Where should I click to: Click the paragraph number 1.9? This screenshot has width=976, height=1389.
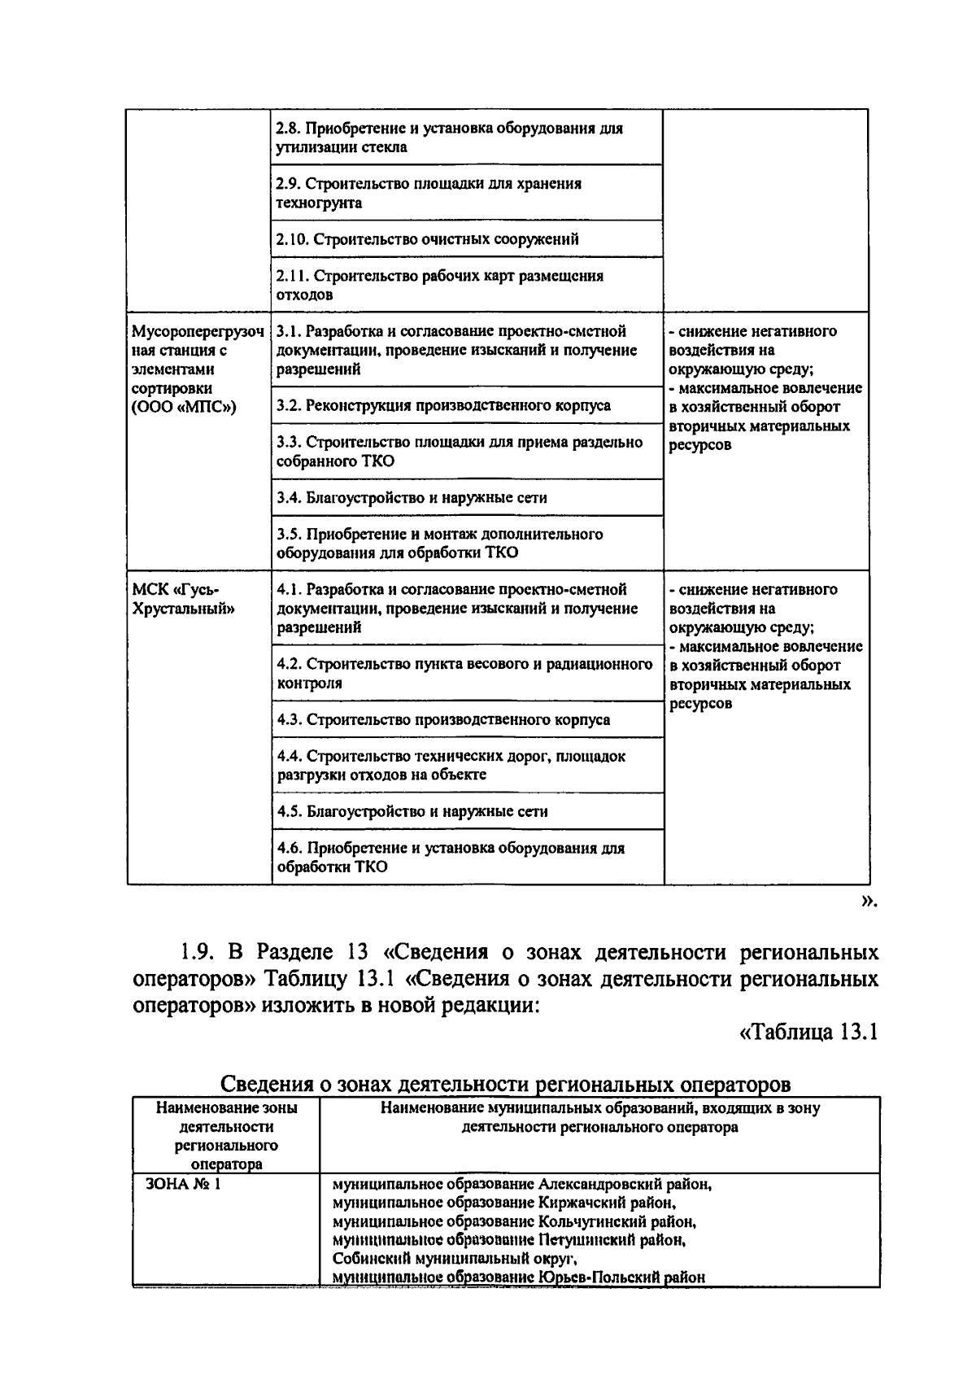[194, 952]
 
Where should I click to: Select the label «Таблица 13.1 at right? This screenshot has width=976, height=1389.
[808, 1032]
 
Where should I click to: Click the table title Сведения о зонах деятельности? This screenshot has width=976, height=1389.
[505, 1085]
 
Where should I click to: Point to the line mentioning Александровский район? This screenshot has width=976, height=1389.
[522, 1184]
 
